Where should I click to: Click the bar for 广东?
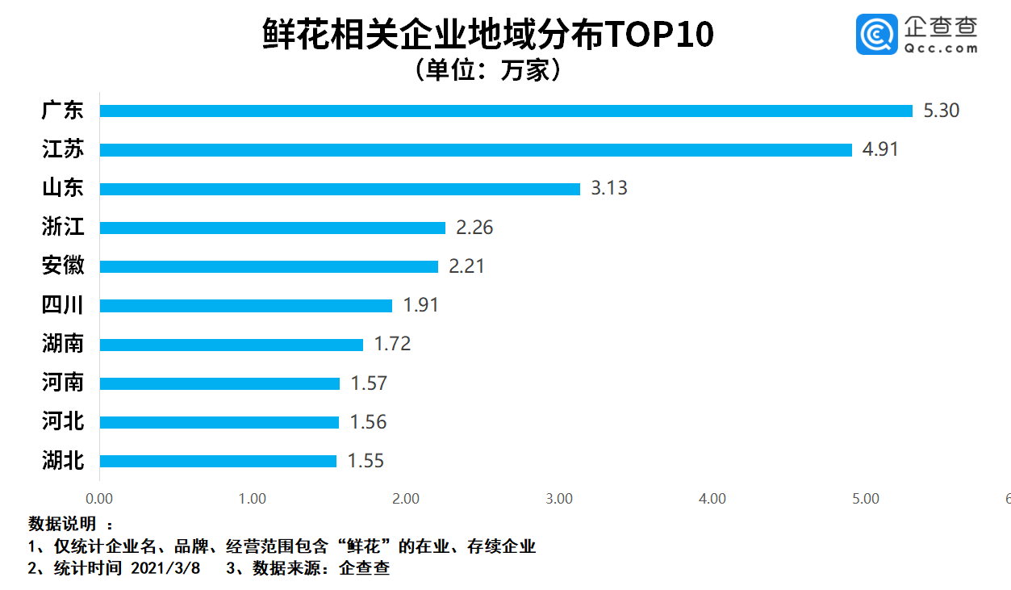[x=506, y=111]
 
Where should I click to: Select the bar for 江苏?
[x=476, y=149]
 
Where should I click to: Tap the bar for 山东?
[x=340, y=189]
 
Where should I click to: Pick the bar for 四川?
[x=246, y=306]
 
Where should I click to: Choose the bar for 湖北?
[x=218, y=461]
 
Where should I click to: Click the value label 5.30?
[x=941, y=111]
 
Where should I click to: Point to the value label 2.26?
[x=474, y=228]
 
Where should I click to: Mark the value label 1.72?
[x=392, y=344]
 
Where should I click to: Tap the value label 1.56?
[x=368, y=422]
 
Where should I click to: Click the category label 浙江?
[x=63, y=227]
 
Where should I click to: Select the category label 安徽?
[x=63, y=266]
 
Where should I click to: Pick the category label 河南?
[x=63, y=382]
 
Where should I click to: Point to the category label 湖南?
[x=63, y=344]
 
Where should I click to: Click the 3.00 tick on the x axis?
[x=559, y=499]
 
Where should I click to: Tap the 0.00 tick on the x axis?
[x=99, y=499]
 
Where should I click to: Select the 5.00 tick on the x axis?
[x=866, y=499]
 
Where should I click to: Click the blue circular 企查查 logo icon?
[x=876, y=36]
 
